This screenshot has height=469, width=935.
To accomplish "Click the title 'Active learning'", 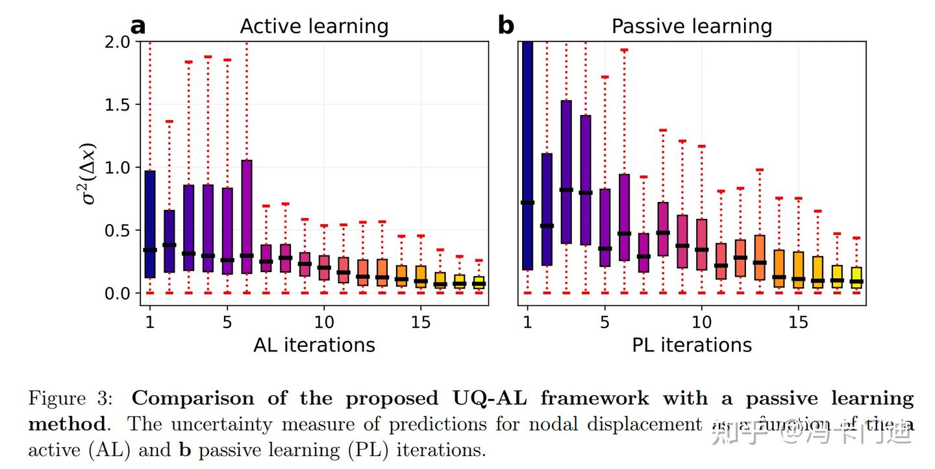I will (314, 27).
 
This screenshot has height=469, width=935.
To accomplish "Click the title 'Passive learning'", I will (692, 27).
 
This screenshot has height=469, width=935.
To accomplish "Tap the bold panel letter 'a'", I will (138, 26).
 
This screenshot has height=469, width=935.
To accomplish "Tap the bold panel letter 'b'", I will (506, 26).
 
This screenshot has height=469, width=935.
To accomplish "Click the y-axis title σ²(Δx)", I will (88, 173).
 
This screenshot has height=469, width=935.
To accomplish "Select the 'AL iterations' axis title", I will (314, 344).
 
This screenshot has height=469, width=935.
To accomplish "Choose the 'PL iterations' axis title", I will (692, 344).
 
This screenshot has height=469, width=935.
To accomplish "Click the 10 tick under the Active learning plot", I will (324, 322).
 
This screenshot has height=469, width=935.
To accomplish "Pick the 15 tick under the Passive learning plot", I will (798, 322).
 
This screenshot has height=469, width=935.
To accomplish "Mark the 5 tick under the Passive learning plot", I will (605, 322).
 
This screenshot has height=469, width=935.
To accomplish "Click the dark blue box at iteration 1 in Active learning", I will (150, 195).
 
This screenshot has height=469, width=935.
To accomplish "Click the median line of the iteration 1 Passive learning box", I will (527, 203).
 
